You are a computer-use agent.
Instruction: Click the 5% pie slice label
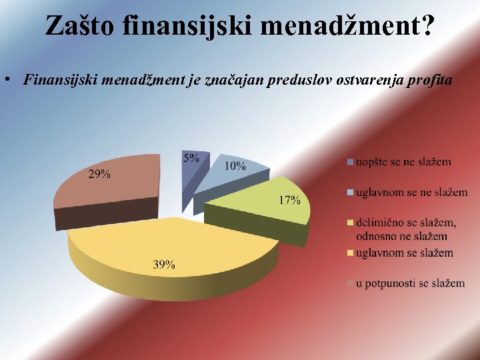(x=191, y=158)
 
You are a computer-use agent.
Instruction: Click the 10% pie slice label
(x=235, y=166)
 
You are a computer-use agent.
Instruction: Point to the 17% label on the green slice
(x=289, y=200)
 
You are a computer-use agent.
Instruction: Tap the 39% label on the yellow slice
(x=164, y=265)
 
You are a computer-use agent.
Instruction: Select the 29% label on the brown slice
(x=100, y=174)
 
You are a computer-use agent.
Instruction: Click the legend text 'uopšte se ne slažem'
(x=403, y=162)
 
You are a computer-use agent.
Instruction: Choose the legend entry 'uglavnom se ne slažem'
(x=411, y=193)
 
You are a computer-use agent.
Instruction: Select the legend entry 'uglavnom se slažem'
(x=404, y=253)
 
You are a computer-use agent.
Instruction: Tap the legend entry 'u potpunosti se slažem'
(x=410, y=283)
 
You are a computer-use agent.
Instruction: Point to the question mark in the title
(x=427, y=26)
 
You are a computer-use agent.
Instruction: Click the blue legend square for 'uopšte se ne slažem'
(x=350, y=162)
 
